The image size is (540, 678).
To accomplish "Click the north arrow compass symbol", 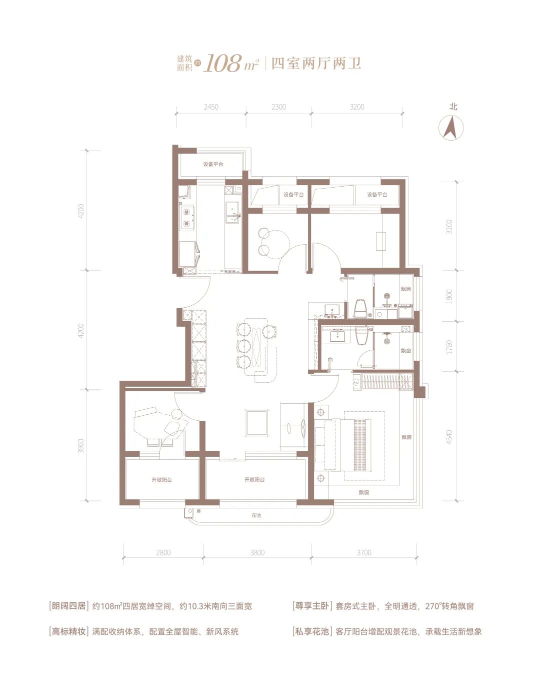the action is point(450,128).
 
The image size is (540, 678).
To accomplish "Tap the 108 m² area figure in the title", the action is point(231,64).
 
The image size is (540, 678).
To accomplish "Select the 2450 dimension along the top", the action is point(211,107).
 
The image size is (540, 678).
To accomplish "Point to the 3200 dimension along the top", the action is point(356,107).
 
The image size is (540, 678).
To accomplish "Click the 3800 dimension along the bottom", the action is point(257,561).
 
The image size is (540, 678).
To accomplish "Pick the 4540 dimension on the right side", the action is point(449,437).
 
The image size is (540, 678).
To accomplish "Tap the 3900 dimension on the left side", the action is point(81,446).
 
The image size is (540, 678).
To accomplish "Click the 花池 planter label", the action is point(256,515).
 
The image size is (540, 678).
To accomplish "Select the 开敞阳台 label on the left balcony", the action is point(162,480).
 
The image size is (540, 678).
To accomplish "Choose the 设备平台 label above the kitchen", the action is point(213,164).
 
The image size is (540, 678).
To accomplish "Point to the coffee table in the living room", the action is point(257,423).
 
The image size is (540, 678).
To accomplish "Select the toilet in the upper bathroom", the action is point(360,308).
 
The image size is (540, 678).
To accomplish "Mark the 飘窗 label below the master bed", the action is point(363,492).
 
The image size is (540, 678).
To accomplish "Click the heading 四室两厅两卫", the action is point(316,64).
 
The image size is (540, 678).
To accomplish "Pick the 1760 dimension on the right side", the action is point(449,347).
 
